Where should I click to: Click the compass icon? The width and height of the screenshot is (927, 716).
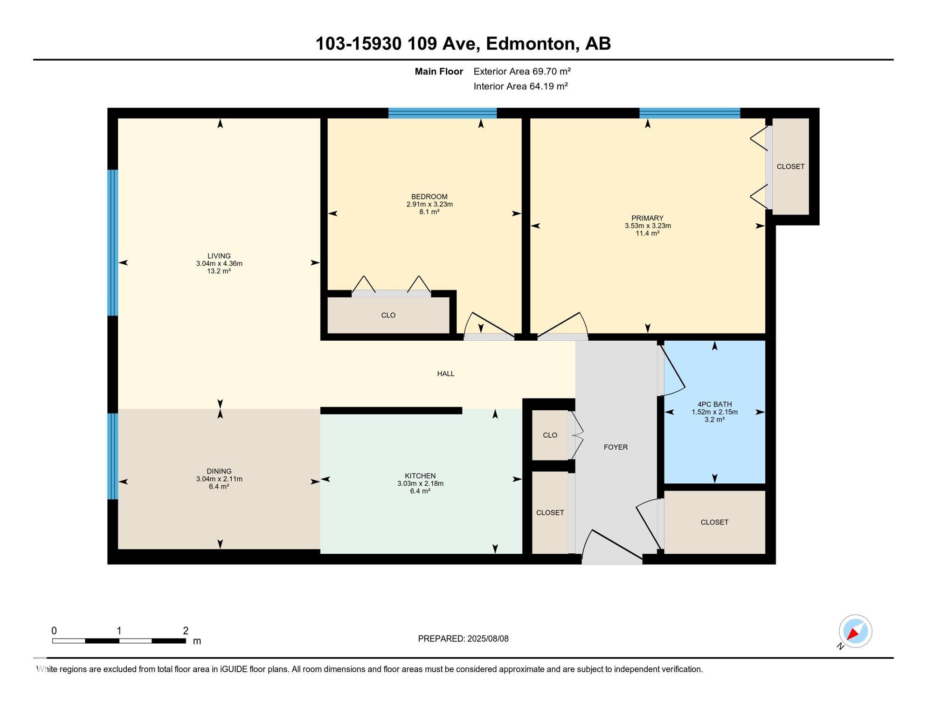(x=855, y=631)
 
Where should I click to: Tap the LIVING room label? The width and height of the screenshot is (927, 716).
(x=219, y=256)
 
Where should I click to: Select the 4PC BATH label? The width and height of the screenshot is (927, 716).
(x=714, y=405)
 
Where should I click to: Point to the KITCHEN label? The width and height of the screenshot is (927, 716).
(x=420, y=476)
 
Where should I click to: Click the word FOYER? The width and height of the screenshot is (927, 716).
(x=616, y=447)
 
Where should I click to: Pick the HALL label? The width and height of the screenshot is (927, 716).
(x=446, y=374)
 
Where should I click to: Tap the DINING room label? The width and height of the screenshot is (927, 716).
(x=219, y=471)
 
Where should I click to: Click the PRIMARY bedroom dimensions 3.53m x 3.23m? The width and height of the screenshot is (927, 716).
(x=648, y=226)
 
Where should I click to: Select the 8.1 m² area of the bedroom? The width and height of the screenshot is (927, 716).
(x=429, y=212)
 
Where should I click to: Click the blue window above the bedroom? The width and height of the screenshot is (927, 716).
(x=443, y=113)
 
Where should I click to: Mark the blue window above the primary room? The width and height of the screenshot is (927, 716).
(x=690, y=113)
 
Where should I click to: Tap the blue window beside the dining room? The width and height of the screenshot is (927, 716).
(x=113, y=456)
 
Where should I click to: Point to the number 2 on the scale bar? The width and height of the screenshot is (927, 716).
(x=186, y=631)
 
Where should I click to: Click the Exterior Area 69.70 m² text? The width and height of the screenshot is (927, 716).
(x=522, y=71)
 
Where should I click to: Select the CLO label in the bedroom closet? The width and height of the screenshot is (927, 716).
(x=388, y=316)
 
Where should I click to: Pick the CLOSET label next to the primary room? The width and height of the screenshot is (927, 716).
(x=790, y=166)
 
